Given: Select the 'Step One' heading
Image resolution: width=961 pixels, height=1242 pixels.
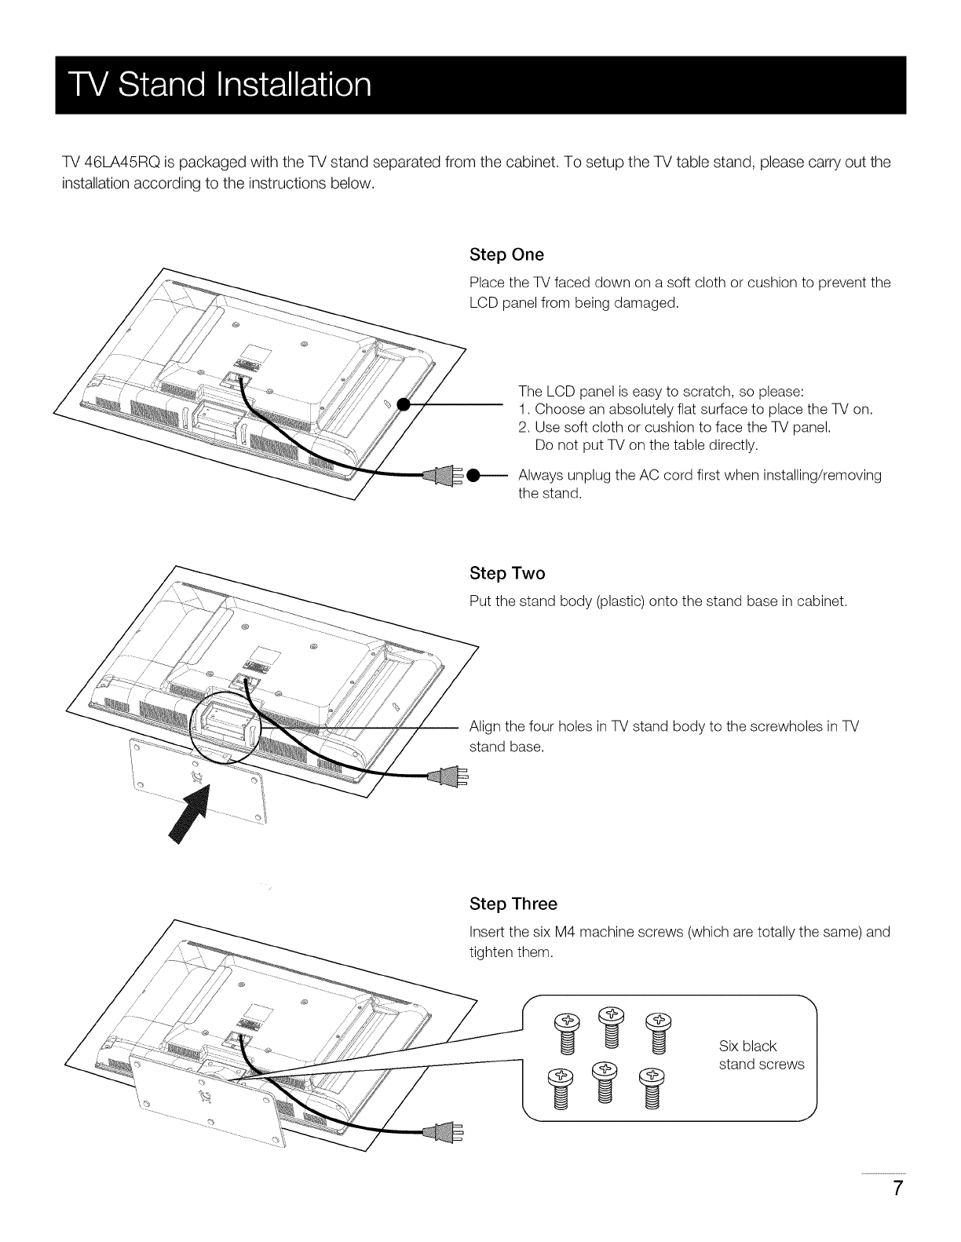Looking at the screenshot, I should click(506, 255).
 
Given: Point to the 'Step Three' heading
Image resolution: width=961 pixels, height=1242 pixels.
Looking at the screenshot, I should click(513, 904).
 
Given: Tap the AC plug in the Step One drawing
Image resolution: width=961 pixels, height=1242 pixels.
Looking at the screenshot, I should click(441, 476).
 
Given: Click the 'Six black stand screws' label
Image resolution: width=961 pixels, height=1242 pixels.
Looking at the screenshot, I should click(761, 1055).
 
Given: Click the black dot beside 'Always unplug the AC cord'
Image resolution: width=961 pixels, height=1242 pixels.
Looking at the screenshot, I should click(473, 476).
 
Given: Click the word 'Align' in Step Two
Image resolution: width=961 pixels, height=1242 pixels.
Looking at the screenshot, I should click(484, 727).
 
